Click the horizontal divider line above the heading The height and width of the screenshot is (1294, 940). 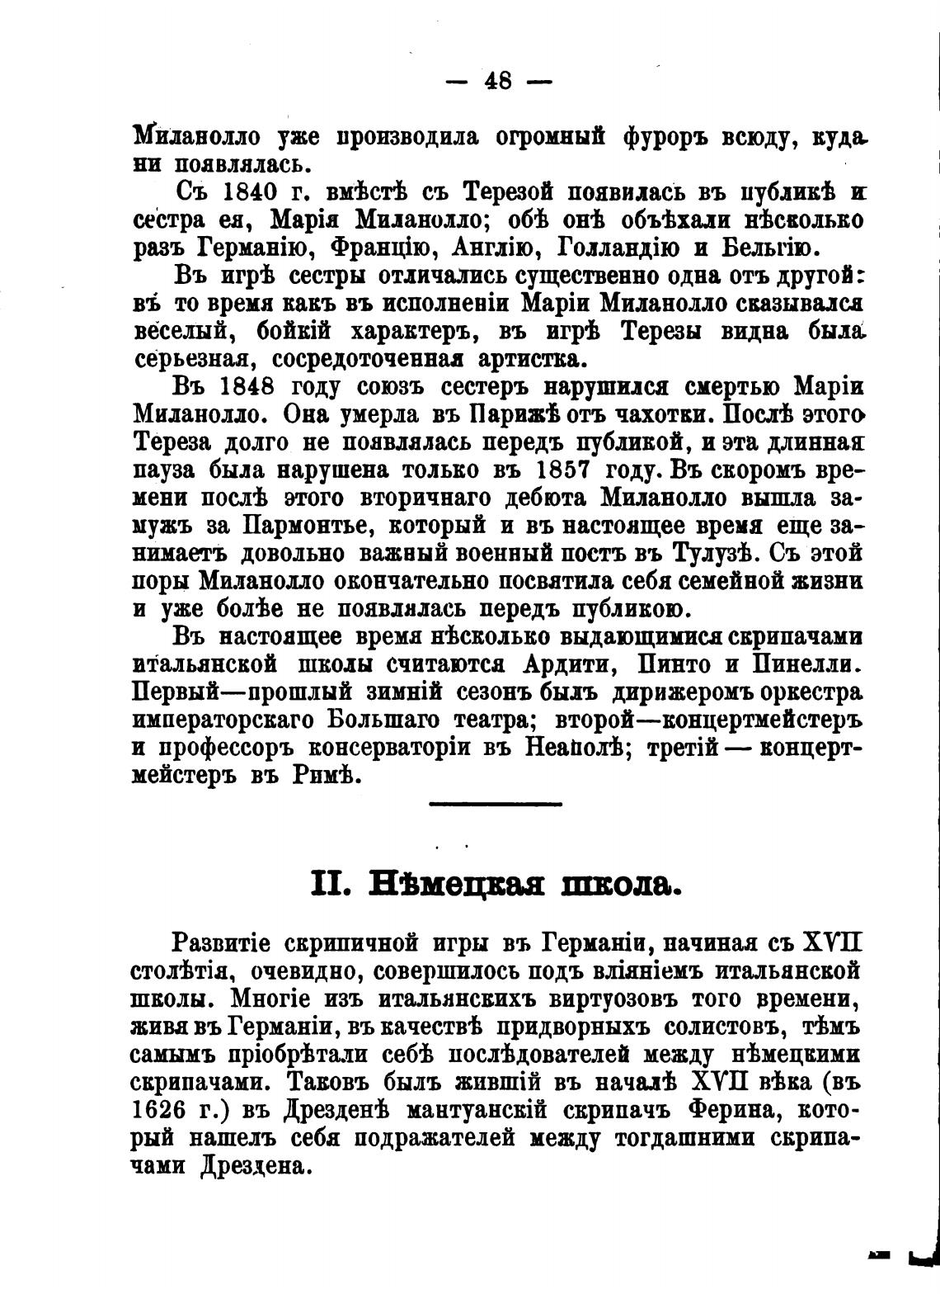496,803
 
